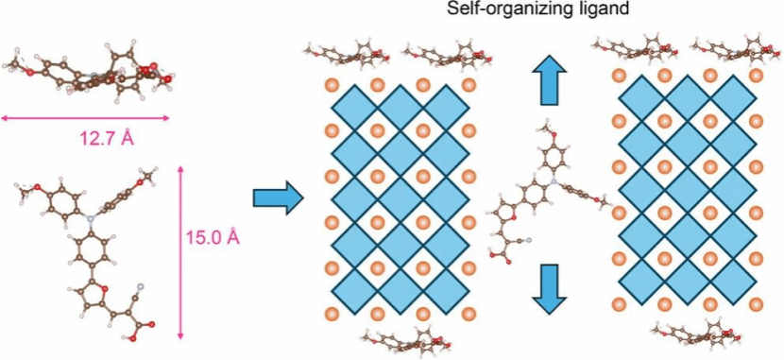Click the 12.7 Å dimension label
pos(107,138)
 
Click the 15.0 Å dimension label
pos(213,237)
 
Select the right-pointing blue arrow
pos(278,198)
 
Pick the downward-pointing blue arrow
pos(549,289)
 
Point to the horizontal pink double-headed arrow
pos(86,118)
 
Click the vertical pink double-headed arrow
pos(181,253)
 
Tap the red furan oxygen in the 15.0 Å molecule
pos(104,286)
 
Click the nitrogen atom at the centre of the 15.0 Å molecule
pos(90,217)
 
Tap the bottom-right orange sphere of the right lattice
pos(756,303)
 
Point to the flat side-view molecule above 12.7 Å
pos(88,67)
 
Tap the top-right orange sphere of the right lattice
pos(756,76)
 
